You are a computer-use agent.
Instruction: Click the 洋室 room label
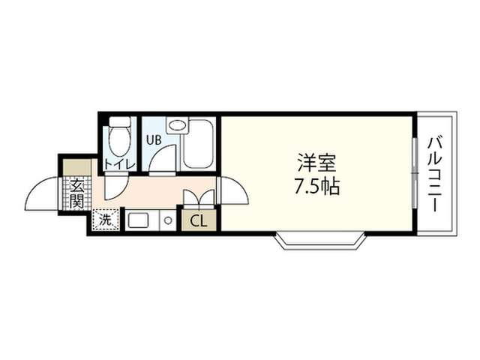click(316, 163)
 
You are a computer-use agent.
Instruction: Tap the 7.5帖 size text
click(316, 187)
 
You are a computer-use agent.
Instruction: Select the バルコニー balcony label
click(435, 175)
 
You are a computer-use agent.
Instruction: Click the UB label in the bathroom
click(154, 140)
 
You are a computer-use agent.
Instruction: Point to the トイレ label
click(120, 165)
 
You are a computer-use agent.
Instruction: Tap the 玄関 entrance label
click(76, 193)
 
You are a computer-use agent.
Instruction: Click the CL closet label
click(199, 221)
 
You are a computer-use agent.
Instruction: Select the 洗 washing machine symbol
click(105, 220)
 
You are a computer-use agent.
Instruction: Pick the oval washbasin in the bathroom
click(178, 125)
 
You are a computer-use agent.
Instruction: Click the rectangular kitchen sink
click(138, 220)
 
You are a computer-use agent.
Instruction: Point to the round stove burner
click(168, 220)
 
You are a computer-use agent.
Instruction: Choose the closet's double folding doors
click(199, 197)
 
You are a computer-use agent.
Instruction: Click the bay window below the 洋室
click(320, 241)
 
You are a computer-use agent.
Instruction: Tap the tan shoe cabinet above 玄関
click(77, 167)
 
